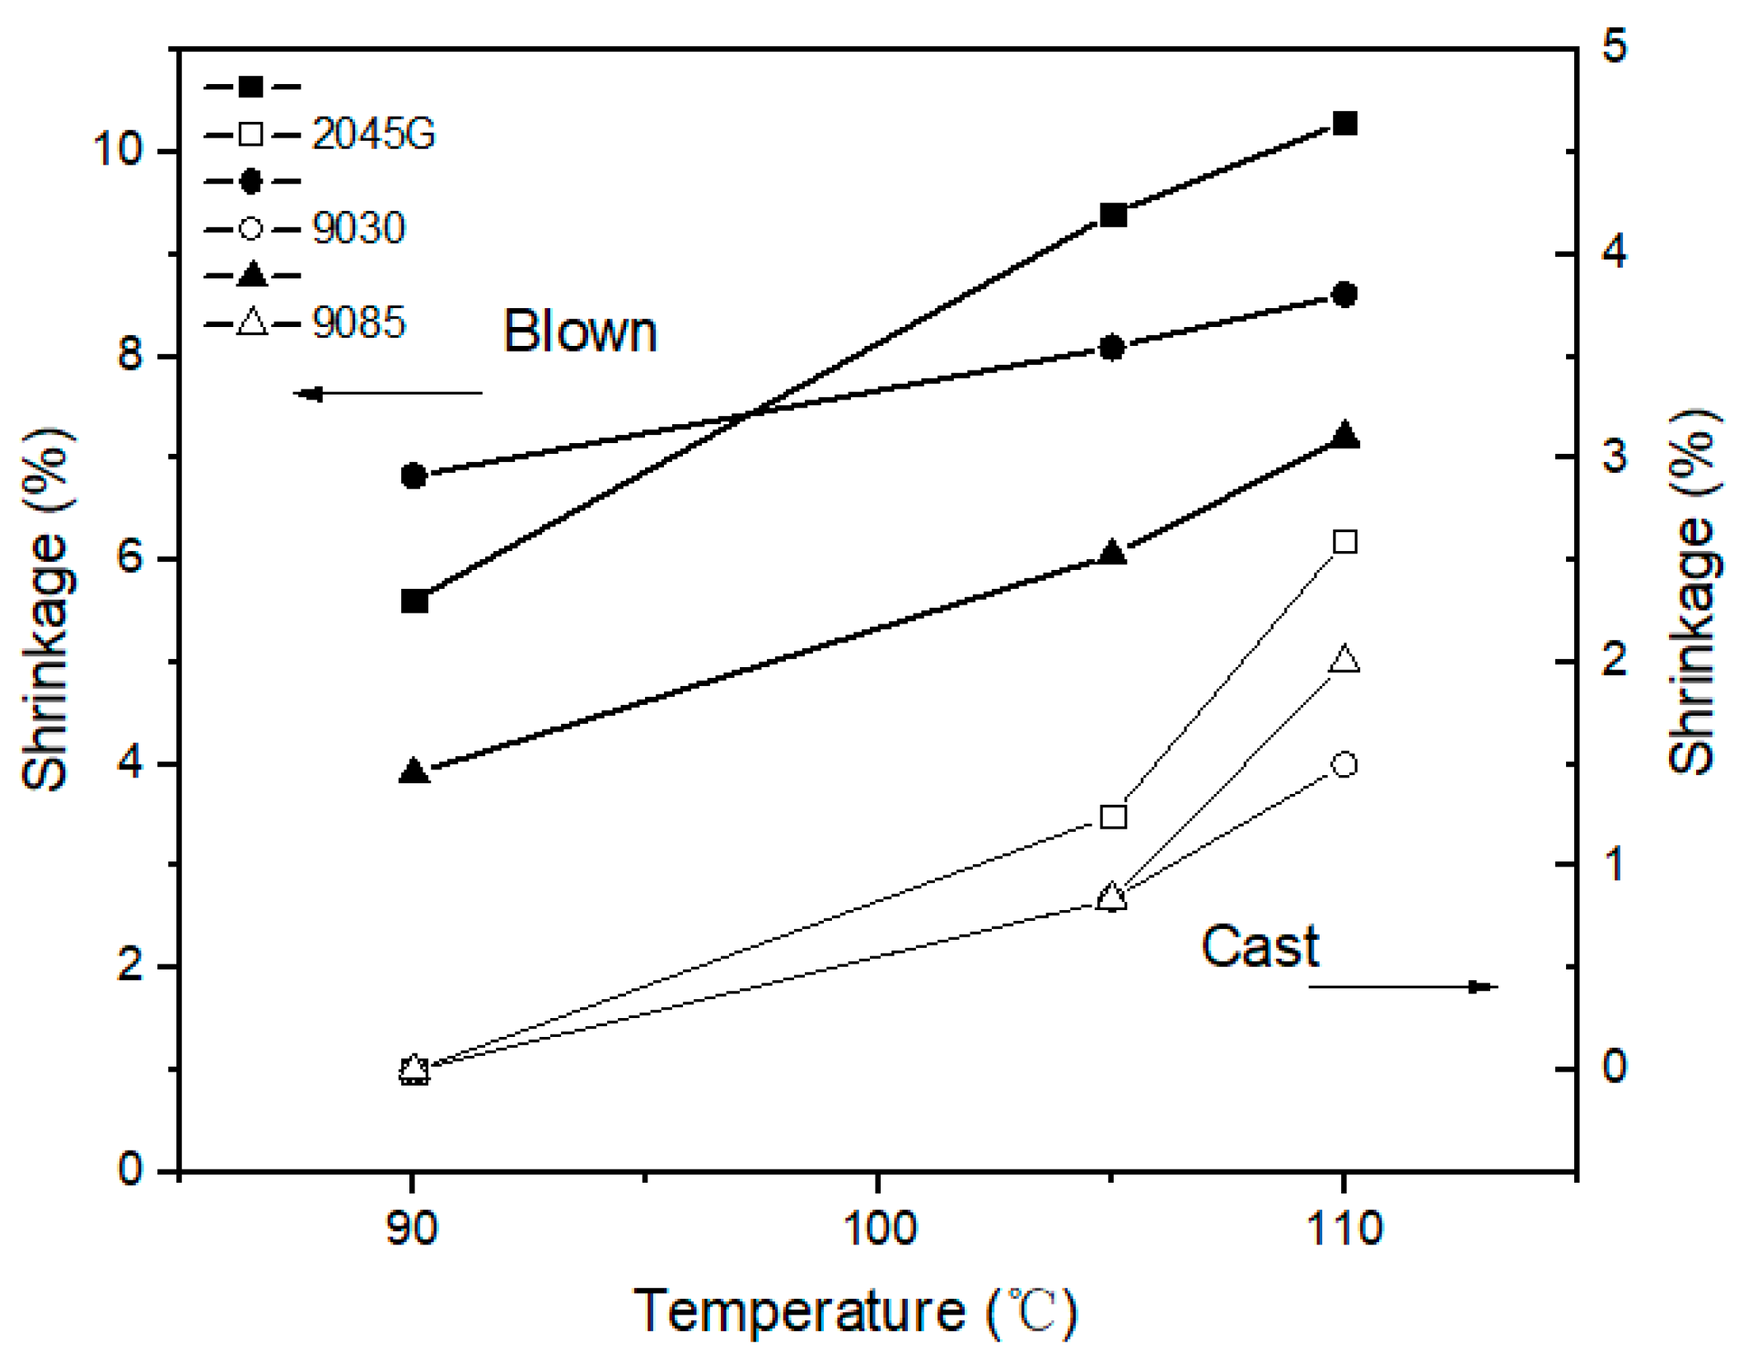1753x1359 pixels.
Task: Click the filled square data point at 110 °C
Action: (1344, 124)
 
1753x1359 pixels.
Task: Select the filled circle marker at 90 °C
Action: (414, 475)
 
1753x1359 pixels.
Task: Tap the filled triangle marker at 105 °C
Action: (1112, 553)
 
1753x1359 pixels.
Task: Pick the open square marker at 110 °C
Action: (1344, 542)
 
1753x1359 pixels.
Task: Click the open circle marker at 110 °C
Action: (1344, 764)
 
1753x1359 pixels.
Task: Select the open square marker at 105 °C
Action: (1113, 817)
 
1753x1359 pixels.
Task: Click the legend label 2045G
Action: (372, 133)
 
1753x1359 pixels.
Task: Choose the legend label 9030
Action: (358, 228)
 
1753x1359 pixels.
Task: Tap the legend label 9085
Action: (358, 323)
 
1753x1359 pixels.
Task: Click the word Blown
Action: (579, 332)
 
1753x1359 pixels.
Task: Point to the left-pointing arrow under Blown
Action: (387, 394)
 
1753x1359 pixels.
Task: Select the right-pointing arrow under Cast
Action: (1402, 987)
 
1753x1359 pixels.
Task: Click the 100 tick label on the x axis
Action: (878, 1228)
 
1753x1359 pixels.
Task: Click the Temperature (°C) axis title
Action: (854, 1310)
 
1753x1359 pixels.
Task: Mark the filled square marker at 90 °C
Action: (414, 601)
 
